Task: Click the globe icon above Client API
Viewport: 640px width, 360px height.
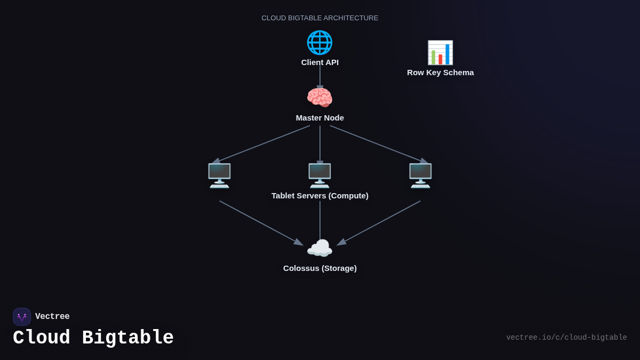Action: pos(319,43)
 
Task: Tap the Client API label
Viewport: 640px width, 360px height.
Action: pos(320,62)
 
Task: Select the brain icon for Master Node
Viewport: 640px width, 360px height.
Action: pos(319,98)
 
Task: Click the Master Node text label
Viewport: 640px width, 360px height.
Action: pos(320,118)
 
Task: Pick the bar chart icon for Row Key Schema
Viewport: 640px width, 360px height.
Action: pos(440,53)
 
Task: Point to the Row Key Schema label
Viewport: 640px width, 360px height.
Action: pos(441,73)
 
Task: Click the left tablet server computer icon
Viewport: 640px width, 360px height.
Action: pos(219,175)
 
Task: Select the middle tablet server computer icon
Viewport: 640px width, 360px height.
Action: pos(319,175)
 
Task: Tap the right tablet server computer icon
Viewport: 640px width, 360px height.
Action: pos(420,175)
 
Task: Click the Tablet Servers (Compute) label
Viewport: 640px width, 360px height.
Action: pos(320,196)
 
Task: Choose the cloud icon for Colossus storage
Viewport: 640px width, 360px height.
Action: pos(319,249)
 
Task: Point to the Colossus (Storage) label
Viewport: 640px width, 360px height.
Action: pos(320,268)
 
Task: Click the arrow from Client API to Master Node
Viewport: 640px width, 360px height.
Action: pos(320,76)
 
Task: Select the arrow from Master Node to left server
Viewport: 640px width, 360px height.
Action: pos(261,144)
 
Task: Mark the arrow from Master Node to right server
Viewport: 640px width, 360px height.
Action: pos(379,144)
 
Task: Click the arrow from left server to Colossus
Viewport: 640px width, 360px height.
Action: pos(261,223)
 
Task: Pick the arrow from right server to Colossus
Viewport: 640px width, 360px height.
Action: pos(379,223)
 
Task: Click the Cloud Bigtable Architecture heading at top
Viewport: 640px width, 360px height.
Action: pos(320,18)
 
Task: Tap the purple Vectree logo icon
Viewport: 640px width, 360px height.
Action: pos(22,317)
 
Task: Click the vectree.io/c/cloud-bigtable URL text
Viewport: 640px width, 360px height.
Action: pos(566,338)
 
